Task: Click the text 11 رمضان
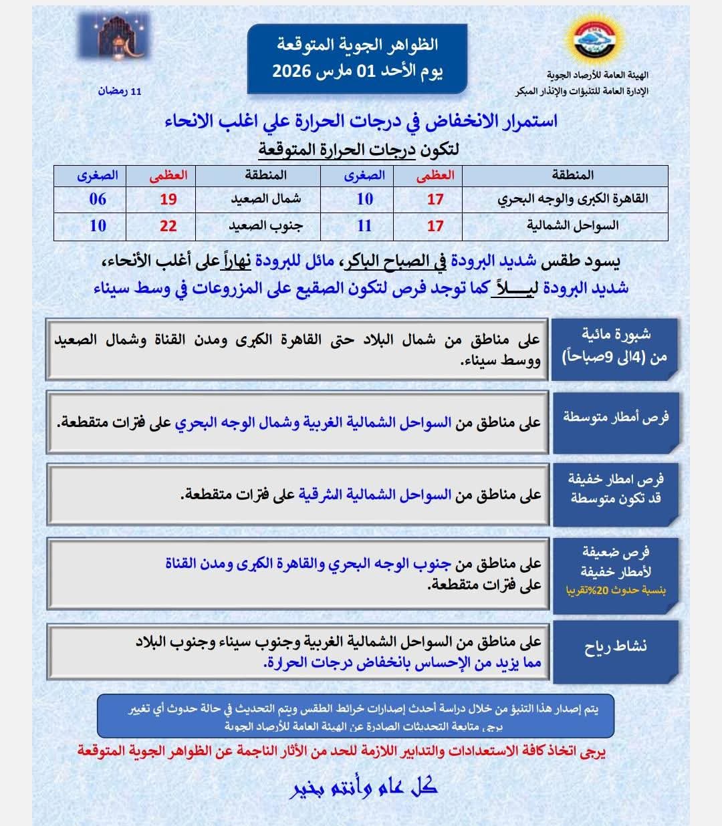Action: click(x=120, y=91)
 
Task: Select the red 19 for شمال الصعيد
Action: click(x=168, y=199)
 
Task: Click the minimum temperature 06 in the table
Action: click(x=98, y=199)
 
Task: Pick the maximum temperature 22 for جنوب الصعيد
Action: click(x=168, y=226)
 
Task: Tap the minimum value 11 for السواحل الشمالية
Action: click(x=364, y=226)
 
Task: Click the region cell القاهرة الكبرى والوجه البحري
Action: click(x=572, y=199)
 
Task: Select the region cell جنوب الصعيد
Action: click(x=265, y=226)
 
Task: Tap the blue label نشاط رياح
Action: click(x=615, y=647)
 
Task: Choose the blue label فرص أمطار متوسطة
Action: click(x=615, y=418)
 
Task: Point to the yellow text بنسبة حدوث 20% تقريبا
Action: click(x=616, y=591)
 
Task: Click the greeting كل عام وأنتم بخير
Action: click(x=364, y=787)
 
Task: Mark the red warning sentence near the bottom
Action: click(x=341, y=750)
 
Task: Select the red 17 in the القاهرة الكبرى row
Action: click(x=435, y=199)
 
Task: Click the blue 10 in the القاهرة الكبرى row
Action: click(x=364, y=199)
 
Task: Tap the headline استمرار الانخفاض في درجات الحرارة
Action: click(x=361, y=121)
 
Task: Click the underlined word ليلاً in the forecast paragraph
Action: click(x=512, y=288)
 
